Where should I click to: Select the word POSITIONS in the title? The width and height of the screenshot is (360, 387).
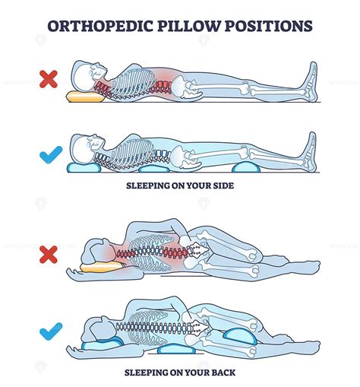270,26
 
